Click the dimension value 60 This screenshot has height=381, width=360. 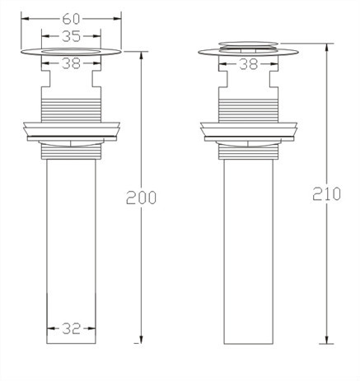pyautogui.click(x=71, y=19)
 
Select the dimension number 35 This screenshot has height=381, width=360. pyautogui.click(x=71, y=36)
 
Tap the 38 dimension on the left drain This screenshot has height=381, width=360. pyautogui.click(x=71, y=63)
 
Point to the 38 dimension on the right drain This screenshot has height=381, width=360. pyautogui.click(x=249, y=64)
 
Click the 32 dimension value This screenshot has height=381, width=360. pyautogui.click(x=71, y=328)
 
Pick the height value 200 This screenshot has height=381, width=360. pyautogui.click(x=141, y=197)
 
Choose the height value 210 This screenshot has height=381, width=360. pyautogui.click(x=326, y=194)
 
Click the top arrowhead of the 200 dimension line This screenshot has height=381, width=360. pyautogui.click(x=141, y=55)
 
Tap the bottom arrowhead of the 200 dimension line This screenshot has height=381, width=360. pyautogui.click(x=141, y=340)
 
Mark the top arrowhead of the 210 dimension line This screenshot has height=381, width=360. pyautogui.click(x=326, y=47)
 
